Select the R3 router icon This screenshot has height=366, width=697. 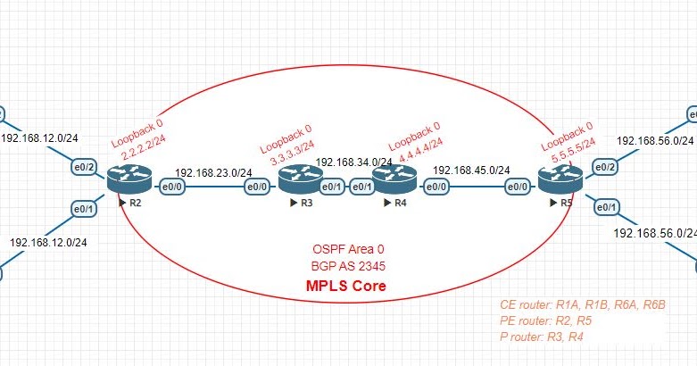(x=295, y=183)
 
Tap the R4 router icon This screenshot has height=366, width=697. (x=390, y=183)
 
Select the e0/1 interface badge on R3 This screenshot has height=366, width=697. (x=331, y=187)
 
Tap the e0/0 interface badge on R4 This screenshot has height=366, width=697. (x=436, y=187)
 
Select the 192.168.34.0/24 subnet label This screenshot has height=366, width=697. (x=354, y=162)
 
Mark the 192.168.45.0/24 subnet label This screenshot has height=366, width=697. (x=470, y=170)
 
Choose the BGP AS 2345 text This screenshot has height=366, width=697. (x=348, y=266)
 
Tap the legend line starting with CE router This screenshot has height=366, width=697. (x=585, y=305)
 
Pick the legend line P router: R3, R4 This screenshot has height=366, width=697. (x=547, y=336)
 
